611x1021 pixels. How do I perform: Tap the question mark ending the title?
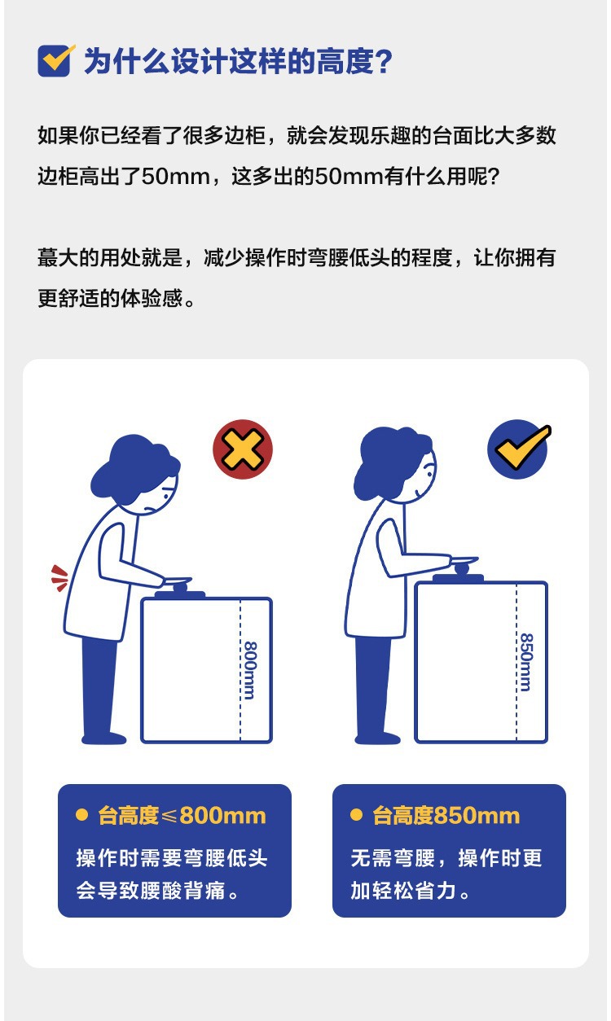coord(382,62)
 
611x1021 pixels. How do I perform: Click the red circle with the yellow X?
coord(242,449)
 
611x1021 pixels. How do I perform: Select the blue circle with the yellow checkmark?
coord(517,449)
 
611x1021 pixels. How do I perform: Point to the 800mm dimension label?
coord(249,669)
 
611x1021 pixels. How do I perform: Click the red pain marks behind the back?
coord(59,576)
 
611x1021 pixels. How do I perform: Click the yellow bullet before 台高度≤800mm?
coord(81,815)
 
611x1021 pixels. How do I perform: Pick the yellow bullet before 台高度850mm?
coord(356,815)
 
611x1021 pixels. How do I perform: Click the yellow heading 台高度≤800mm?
coord(182,816)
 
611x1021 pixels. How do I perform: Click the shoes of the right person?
coord(378,738)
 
